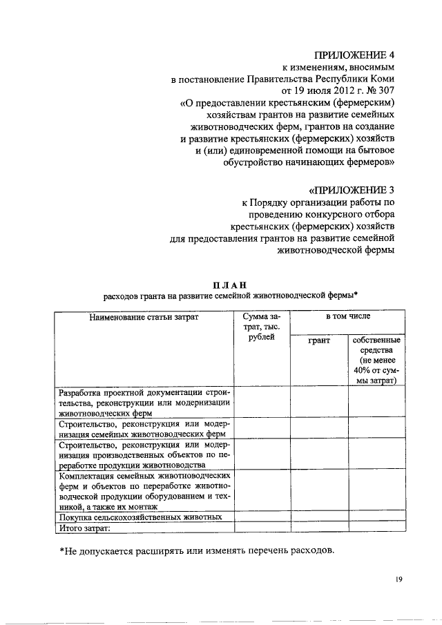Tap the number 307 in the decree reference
pyautogui.click(x=385, y=90)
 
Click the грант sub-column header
pyautogui.click(x=318, y=340)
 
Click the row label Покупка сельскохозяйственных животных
pyautogui.click(x=141, y=517)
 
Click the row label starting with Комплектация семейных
pyautogui.click(x=145, y=491)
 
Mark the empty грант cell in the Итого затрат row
pyautogui.click(x=318, y=528)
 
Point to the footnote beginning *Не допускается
pyautogui.click(x=196, y=551)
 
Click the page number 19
pyautogui.click(x=399, y=579)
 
